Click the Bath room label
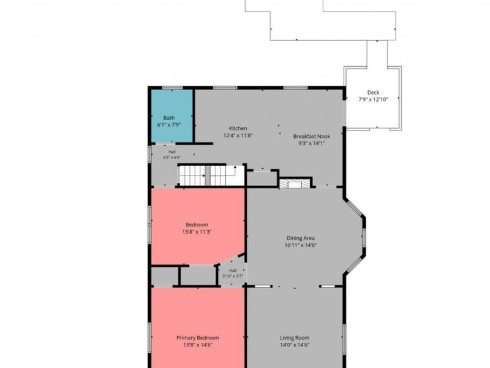(169, 118)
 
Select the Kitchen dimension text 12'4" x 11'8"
(238, 136)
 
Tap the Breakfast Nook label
(312, 136)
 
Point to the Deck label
(373, 93)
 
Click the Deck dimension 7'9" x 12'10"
(373, 99)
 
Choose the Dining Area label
(301, 238)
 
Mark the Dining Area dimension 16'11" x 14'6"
(301, 245)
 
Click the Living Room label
(295, 338)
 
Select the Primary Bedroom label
(198, 338)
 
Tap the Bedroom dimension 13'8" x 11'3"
(197, 232)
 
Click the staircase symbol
(211, 175)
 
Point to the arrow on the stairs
(233, 171)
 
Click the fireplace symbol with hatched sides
(295, 183)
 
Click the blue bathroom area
(172, 116)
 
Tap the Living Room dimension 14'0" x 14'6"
(295, 345)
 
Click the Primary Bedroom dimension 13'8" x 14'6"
(198, 345)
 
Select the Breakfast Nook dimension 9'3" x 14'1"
(312, 144)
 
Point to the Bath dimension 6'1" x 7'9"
(169, 125)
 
